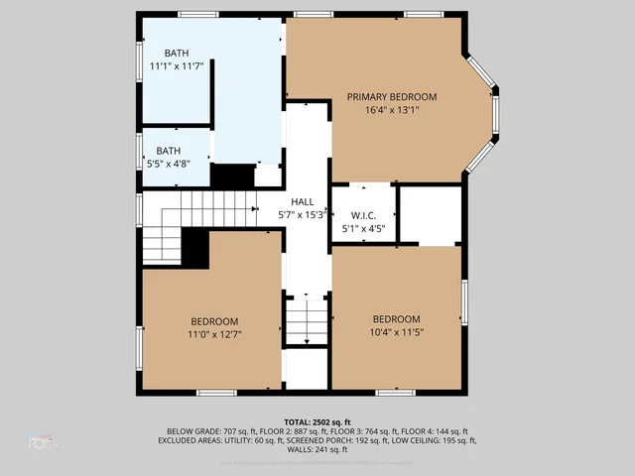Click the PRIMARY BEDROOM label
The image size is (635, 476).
pyautogui.click(x=391, y=96)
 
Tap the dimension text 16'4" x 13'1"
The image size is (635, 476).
pyautogui.click(x=391, y=110)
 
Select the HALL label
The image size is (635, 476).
pyautogui.click(x=302, y=201)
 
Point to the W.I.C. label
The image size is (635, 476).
pyautogui.click(x=362, y=215)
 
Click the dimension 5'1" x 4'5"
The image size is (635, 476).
pyautogui.click(x=362, y=229)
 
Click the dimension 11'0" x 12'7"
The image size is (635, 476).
pyautogui.click(x=214, y=334)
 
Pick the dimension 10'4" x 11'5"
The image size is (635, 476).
pyautogui.click(x=396, y=332)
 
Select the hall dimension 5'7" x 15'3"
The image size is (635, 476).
pyautogui.click(x=302, y=214)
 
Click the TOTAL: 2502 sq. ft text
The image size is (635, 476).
pyautogui.click(x=317, y=421)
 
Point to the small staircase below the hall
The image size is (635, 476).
pyautogui.click(x=307, y=321)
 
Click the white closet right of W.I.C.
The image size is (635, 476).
pyautogui.click(x=430, y=213)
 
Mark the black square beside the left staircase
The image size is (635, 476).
pyautogui.click(x=195, y=248)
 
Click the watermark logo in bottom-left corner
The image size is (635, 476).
pyautogui.click(x=43, y=443)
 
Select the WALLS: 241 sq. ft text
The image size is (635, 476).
pyautogui.click(x=317, y=450)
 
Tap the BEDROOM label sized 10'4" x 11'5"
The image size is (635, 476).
pyautogui.click(x=396, y=318)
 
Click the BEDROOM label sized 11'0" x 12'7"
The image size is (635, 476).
pyautogui.click(x=214, y=320)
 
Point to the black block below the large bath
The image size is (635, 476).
pyautogui.click(x=233, y=176)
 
